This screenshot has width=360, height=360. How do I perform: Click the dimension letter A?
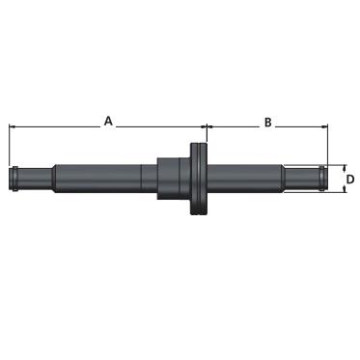coord(108,122)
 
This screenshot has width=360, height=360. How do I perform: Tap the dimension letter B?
coord(267,123)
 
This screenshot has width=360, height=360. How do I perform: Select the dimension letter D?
coord(350,180)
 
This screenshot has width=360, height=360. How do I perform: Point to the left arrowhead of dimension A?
coord(12,127)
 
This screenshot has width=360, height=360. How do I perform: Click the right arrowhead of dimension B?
coord(324,127)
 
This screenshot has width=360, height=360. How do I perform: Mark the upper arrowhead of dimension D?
coord(345,167)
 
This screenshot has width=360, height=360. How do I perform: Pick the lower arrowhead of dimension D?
coord(345,190)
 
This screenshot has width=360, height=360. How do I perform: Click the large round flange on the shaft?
coord(199,179)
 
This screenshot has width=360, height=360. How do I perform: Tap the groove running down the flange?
coord(199,179)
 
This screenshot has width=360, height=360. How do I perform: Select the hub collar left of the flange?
coord(174,179)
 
